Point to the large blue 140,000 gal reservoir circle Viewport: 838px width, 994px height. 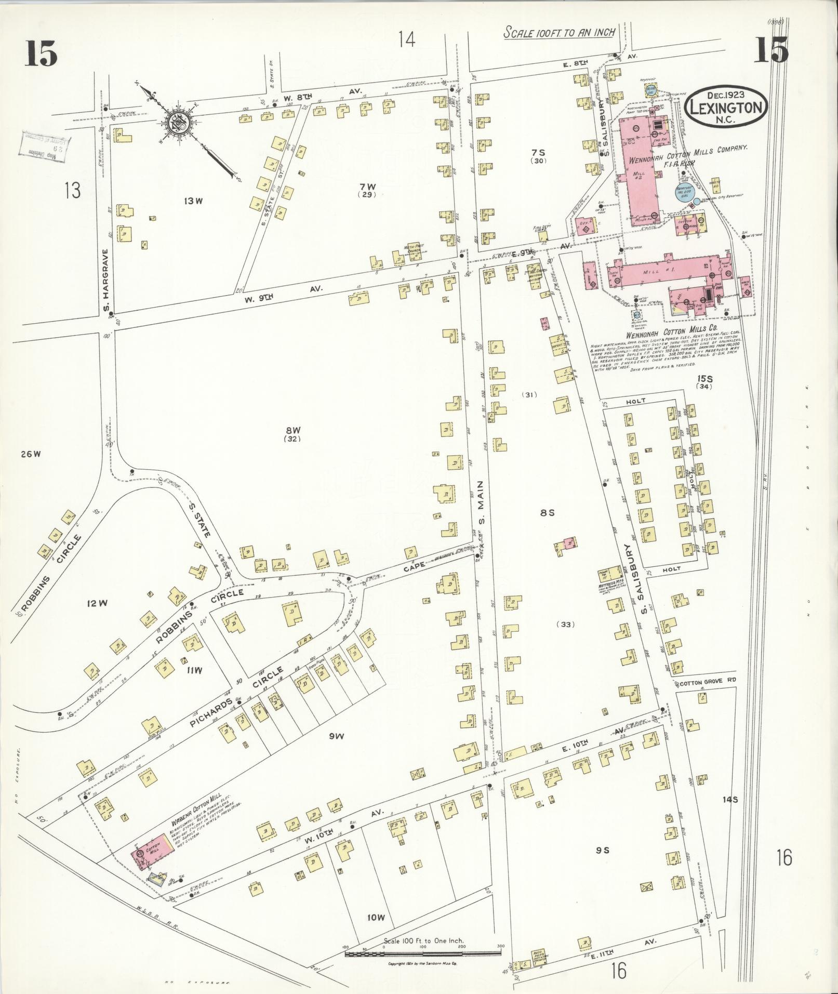684,194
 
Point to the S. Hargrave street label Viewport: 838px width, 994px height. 106,282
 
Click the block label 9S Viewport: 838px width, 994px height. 602,851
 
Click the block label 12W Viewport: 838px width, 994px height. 97,603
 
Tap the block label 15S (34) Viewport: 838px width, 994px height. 704,382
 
